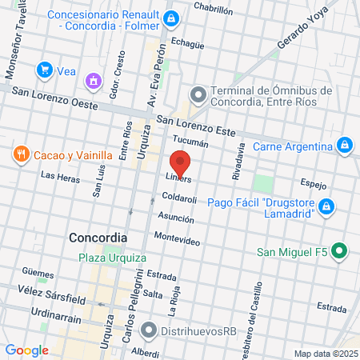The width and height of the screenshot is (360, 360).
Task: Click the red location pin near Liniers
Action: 180,162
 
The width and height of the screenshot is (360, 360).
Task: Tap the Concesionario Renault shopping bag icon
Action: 170,18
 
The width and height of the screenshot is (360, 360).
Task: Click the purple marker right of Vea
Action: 94,80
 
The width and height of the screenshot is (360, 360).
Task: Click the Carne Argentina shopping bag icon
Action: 345,146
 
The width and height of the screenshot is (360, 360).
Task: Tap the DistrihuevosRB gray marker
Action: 149,329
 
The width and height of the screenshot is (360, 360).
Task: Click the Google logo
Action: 26,350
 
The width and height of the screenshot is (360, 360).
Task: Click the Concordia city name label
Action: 98,238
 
